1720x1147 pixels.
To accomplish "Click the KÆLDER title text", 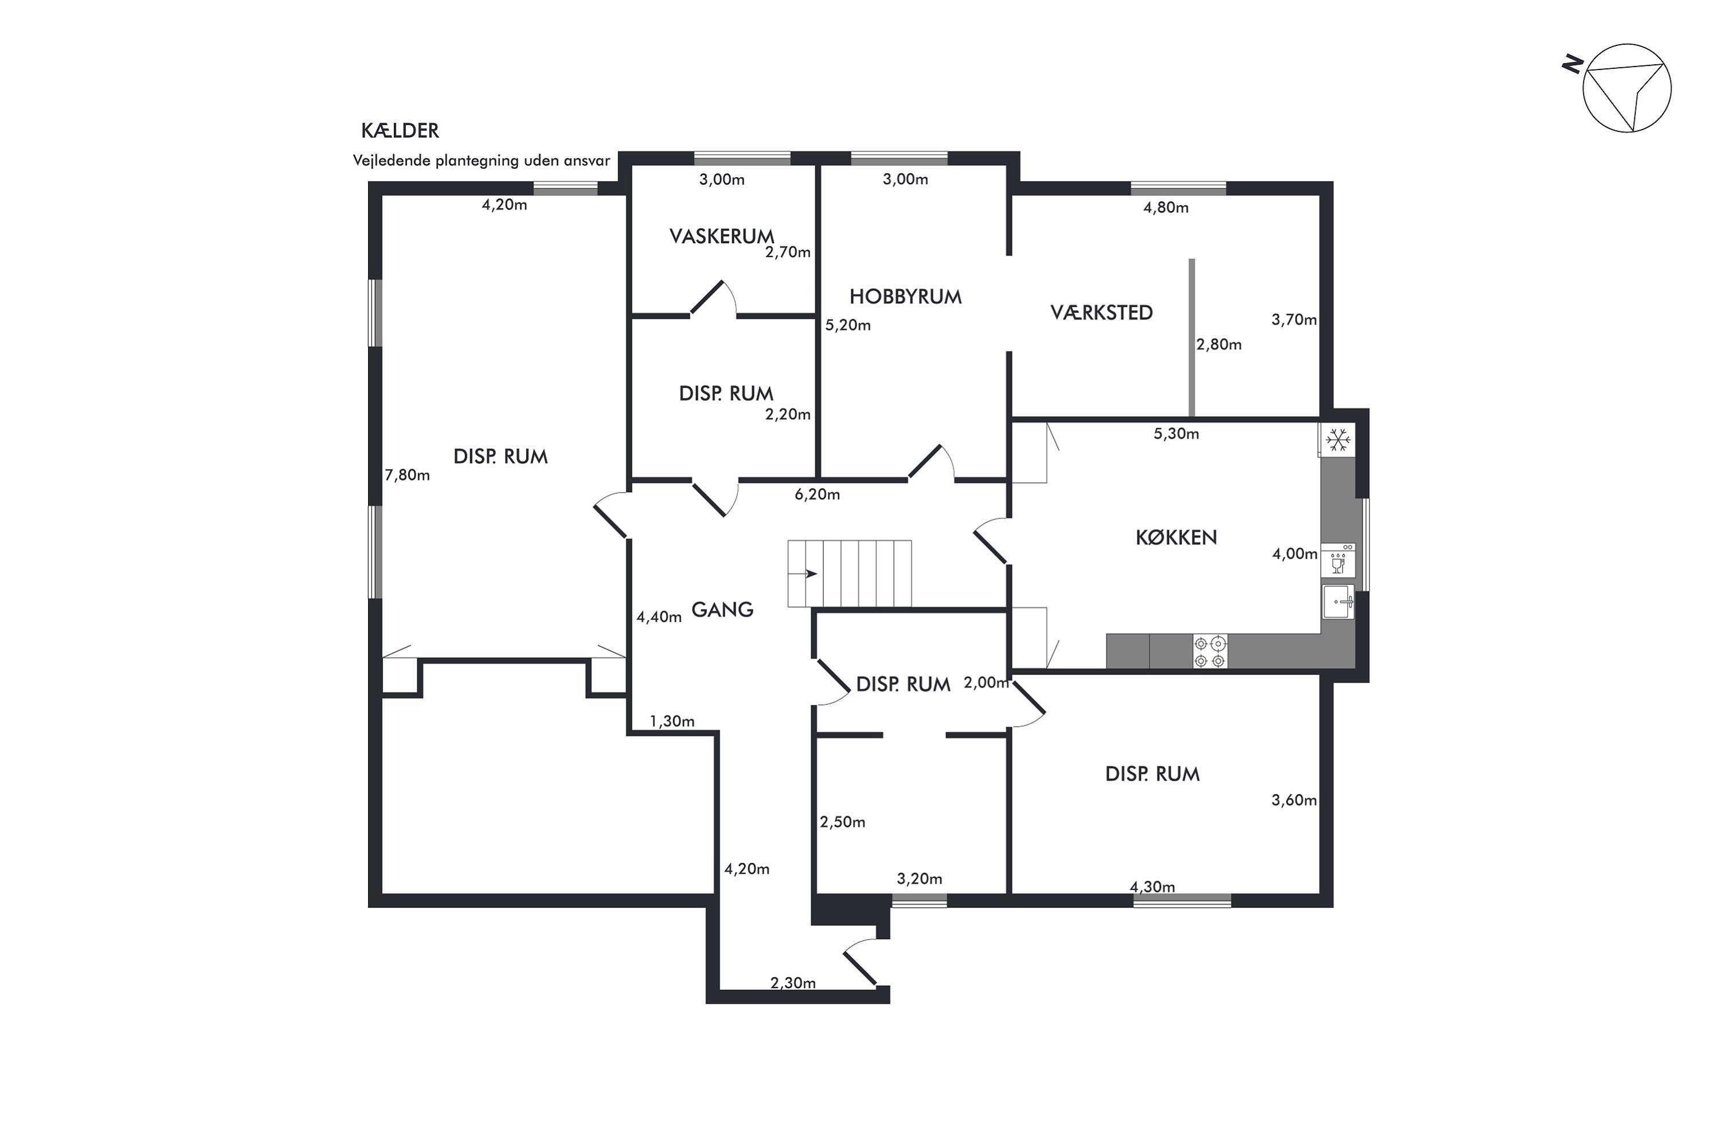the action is [400, 131].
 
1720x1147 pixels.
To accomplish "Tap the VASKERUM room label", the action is [722, 236].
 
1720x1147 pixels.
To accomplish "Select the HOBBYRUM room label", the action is [905, 296].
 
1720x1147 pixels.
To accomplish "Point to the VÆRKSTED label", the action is [1101, 313].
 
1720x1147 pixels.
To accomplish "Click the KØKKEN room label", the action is [1176, 538].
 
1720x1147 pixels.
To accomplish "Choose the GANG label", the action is [722, 609].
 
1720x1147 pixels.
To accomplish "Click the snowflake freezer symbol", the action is [1338, 440].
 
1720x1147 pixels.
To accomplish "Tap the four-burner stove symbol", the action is [1210, 651].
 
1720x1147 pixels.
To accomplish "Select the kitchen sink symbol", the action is [1338, 602].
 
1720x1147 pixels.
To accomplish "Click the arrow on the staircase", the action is [811, 573].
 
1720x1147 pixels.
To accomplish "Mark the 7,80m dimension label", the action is [407, 475].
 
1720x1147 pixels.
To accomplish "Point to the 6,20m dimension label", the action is [818, 494].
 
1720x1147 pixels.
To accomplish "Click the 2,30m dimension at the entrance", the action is [793, 983].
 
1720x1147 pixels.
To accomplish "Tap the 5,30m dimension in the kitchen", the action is [1176, 434].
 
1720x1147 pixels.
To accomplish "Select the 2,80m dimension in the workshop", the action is [1219, 345].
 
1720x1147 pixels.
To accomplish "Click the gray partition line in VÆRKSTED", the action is [1192, 338].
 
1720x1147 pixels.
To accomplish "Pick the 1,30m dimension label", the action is [672, 721].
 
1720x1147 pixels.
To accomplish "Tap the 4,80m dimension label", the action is [1166, 208].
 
